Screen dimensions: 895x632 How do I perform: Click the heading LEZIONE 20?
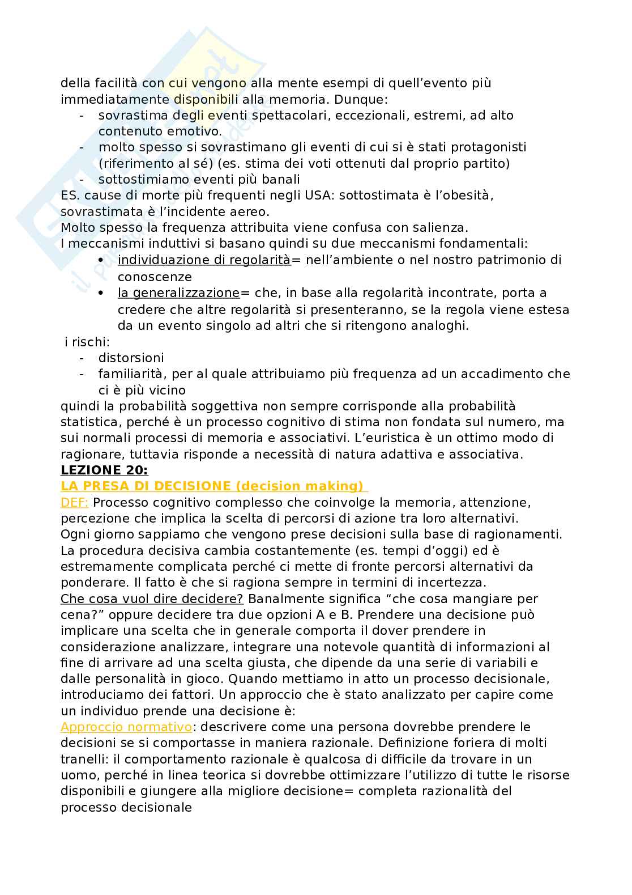(104, 470)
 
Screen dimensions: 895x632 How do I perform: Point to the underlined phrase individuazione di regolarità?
(204, 260)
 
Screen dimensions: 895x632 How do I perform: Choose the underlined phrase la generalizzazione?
(178, 293)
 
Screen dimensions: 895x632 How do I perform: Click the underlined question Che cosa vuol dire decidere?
(152, 599)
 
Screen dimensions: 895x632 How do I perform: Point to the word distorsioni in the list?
(131, 358)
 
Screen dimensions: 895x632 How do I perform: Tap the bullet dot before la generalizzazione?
(101, 293)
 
